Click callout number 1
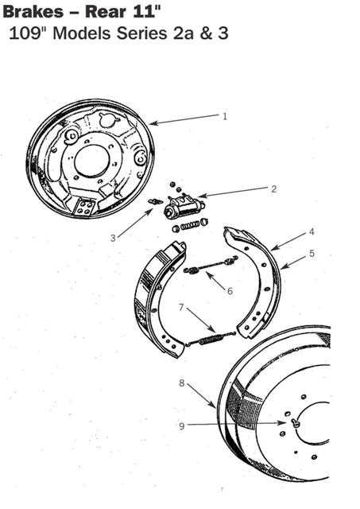click(x=225, y=116)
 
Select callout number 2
click(x=274, y=189)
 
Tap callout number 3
click(x=113, y=238)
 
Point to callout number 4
click(x=312, y=231)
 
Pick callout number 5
click(x=312, y=253)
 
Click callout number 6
click(x=230, y=291)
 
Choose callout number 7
click(x=181, y=307)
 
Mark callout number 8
click(x=182, y=383)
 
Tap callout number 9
click(x=182, y=426)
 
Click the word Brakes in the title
click(x=33, y=12)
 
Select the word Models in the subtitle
click(x=82, y=33)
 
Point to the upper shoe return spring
click(x=211, y=265)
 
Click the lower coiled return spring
click(x=211, y=339)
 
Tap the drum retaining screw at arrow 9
click(x=295, y=422)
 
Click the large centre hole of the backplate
click(x=91, y=161)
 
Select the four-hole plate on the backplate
click(x=84, y=207)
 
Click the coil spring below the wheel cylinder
click(x=189, y=225)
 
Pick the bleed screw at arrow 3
click(x=155, y=201)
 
